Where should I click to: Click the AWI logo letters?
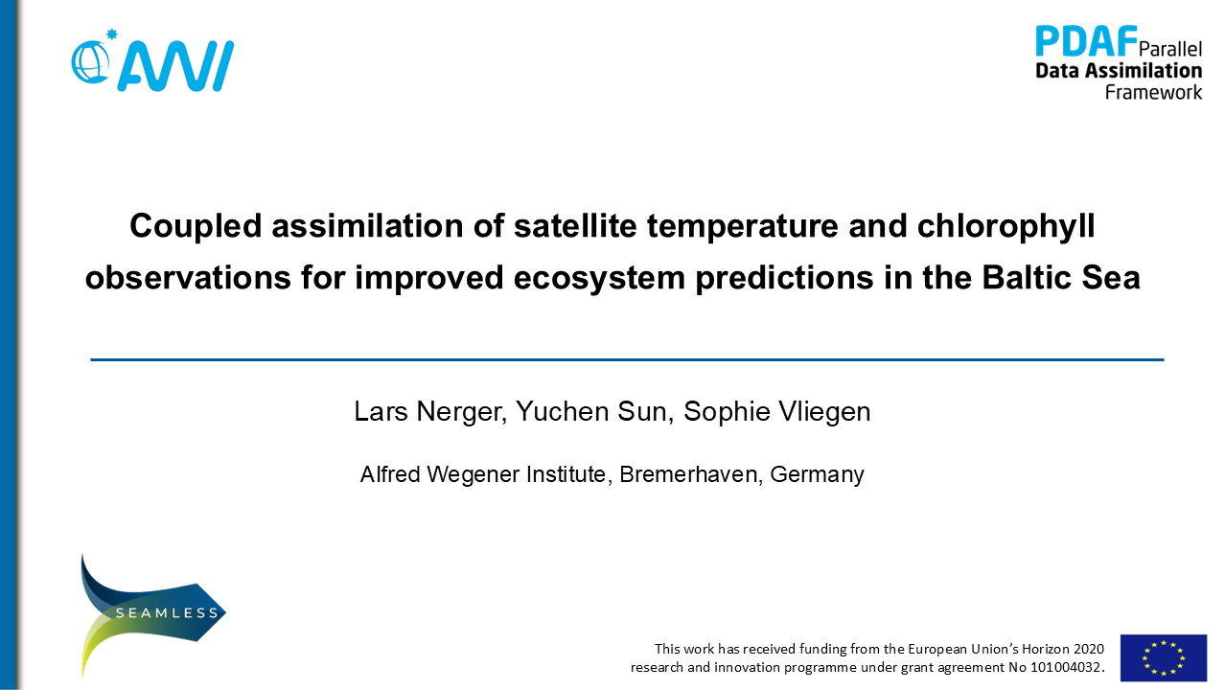[175, 65]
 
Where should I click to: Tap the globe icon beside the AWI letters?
[90, 62]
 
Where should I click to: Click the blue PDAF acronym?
[1086, 41]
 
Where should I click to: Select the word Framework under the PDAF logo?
[1153, 92]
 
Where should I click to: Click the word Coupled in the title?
[196, 226]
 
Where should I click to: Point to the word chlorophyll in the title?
[1005, 226]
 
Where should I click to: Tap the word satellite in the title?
[575, 225]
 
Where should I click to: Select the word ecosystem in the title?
[599, 278]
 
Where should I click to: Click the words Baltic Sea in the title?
[1060, 277]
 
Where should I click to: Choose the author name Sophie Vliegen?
[776, 412]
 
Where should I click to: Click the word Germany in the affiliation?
[817, 475]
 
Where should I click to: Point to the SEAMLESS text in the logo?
[167, 613]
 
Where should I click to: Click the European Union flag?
[1164, 657]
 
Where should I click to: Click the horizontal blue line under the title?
[627, 359]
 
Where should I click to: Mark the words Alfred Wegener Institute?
[483, 474]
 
